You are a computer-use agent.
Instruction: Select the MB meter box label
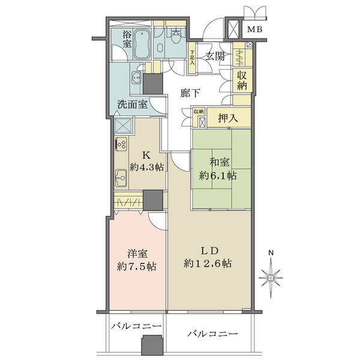[x=255, y=29]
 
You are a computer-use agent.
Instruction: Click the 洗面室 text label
[x=133, y=104]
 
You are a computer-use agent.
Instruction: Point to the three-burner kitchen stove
[x=120, y=146]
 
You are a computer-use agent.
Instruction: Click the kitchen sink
[x=120, y=178]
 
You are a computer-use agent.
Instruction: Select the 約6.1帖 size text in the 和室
[x=218, y=176]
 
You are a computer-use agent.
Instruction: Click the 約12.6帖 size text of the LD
[x=209, y=263]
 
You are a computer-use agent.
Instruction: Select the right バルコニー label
[x=212, y=333]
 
